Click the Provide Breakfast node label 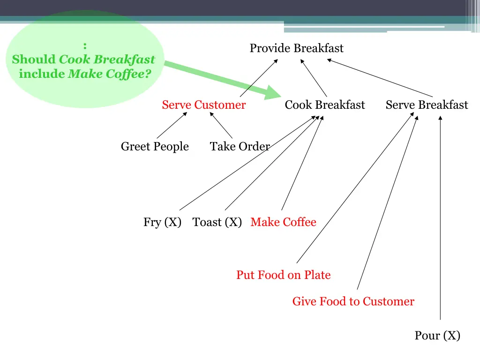(296, 48)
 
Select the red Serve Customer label (203, 105)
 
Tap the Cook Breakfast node (324, 105)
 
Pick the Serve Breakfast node (427, 105)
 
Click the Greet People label (155, 147)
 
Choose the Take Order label (240, 147)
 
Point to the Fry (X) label (162, 222)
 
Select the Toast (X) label (217, 222)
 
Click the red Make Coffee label (283, 222)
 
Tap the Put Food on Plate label (283, 275)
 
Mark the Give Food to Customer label (353, 301)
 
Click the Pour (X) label (437, 336)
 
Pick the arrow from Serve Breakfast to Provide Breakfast (380, 78)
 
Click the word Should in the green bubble (34, 60)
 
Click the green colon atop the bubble (84, 46)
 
